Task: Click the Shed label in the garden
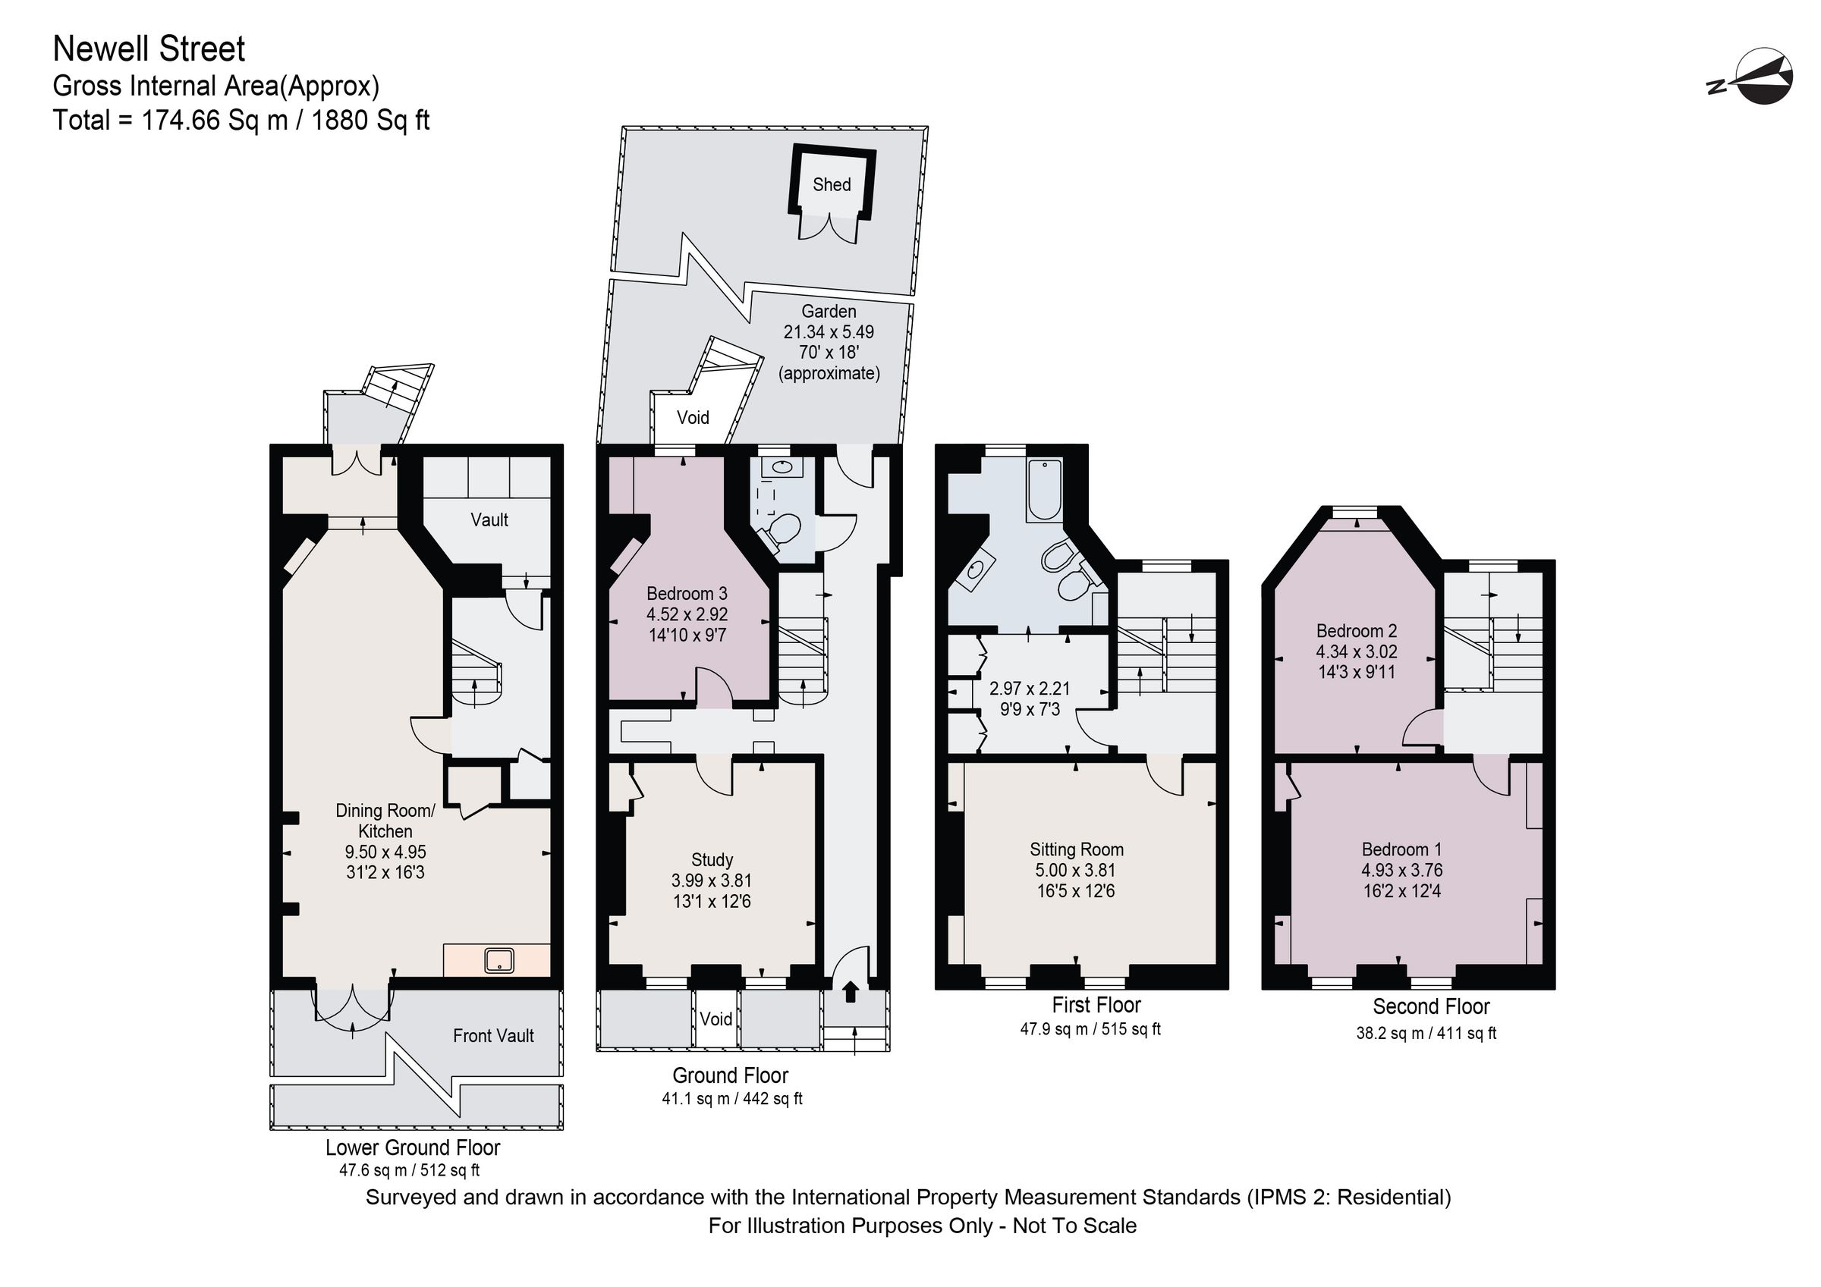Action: (831, 185)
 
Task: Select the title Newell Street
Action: (149, 49)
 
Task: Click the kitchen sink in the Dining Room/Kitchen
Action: (498, 961)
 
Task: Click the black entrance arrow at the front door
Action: (851, 991)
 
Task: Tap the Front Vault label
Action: (493, 1036)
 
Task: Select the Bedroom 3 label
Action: (686, 593)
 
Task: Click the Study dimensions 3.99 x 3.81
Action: (712, 880)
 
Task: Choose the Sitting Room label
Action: (1076, 849)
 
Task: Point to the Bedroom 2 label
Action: (1356, 630)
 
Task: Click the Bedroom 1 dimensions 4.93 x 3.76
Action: (1401, 870)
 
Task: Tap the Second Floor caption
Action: (1431, 1006)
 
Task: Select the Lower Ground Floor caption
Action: (413, 1147)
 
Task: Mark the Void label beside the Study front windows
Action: (716, 1019)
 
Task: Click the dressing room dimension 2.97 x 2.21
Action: (1030, 689)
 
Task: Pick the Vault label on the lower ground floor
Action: (489, 520)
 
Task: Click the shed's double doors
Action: (828, 227)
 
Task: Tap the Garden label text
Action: (828, 312)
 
